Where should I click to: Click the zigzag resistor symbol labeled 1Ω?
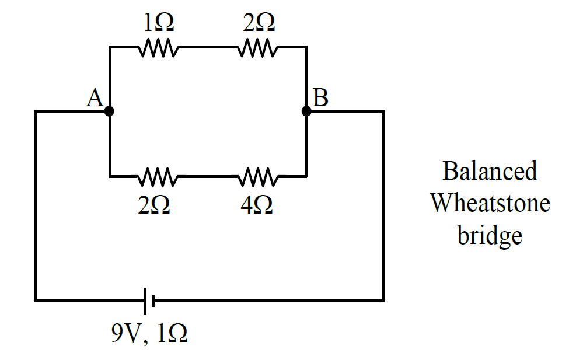[158, 47]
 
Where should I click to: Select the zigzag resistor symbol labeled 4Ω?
[258, 177]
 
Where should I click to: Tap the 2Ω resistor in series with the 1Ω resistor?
[258, 47]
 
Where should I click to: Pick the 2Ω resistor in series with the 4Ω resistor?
[158, 177]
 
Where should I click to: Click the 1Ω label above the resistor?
[159, 23]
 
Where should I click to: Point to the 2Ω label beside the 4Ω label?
[154, 205]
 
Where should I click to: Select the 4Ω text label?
[257, 205]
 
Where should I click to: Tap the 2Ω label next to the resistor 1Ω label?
[259, 23]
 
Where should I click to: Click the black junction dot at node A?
[109, 111]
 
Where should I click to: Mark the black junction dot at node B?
[306, 111]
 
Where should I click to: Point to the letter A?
[95, 97]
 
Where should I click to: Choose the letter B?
[320, 97]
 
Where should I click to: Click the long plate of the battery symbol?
[145, 301]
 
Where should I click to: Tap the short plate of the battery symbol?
[153, 301]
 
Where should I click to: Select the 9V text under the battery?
[125, 333]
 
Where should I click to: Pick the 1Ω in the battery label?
[172, 333]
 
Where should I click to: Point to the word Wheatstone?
[490, 203]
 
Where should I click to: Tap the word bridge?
[490, 236]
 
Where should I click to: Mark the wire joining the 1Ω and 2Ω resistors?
[208, 47]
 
